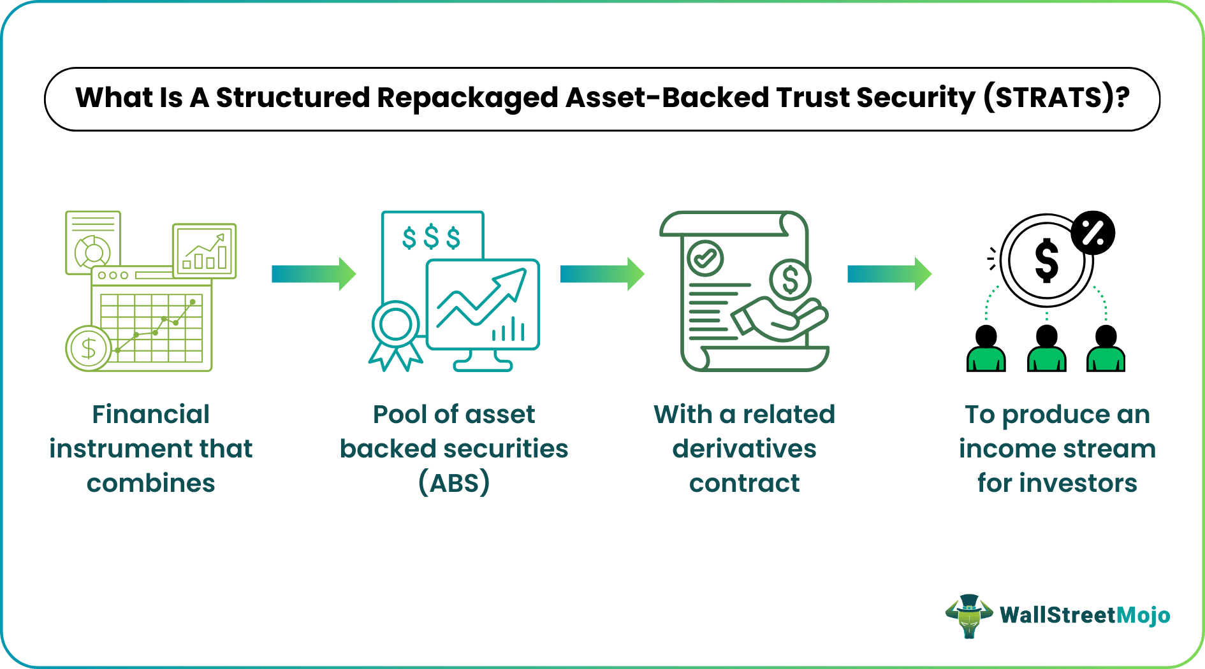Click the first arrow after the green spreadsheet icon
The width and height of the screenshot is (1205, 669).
[313, 274]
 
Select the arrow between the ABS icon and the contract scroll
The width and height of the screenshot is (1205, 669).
[601, 274]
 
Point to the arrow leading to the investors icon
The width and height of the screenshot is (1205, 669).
[889, 274]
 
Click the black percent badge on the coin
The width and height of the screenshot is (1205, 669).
[1092, 233]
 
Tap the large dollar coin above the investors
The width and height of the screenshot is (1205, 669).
[1046, 261]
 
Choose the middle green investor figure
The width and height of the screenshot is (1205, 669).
[1046, 349]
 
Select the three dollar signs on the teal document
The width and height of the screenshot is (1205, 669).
[431, 238]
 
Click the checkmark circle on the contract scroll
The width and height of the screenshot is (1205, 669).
[705, 258]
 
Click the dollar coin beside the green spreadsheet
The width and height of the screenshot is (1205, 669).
[89, 348]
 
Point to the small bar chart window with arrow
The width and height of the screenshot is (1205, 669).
[205, 251]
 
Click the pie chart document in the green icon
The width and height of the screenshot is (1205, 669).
[93, 243]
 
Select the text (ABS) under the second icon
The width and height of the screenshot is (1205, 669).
[454, 483]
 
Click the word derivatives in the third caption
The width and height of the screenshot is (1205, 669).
[744, 449]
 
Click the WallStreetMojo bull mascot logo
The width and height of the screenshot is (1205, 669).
[968, 615]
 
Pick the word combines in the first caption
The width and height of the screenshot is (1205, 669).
[151, 483]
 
